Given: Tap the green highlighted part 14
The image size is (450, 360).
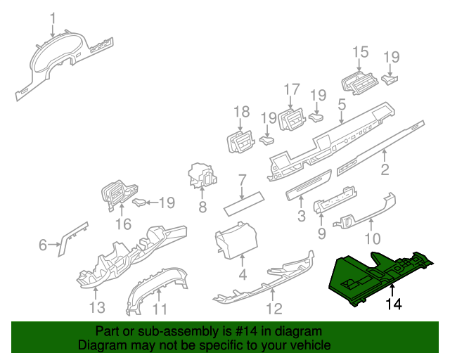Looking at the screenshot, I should (380, 274).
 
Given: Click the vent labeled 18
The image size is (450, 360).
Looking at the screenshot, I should (241, 141).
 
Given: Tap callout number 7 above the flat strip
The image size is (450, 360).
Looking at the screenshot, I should (241, 180).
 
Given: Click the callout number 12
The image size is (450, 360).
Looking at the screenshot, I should (274, 308).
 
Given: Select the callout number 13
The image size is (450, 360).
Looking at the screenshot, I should (96, 307).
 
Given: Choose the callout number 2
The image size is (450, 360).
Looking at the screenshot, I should (385, 169).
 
